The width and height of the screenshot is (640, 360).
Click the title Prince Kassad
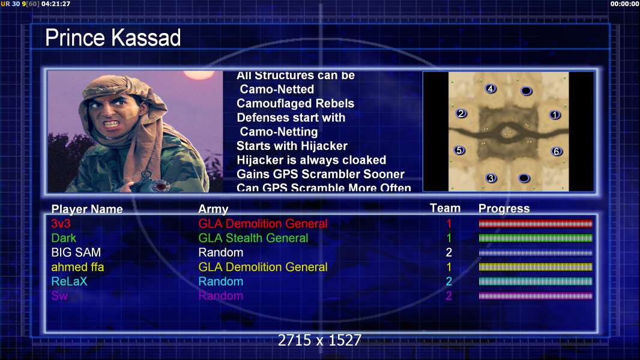point(113,38)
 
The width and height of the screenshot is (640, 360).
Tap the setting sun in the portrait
point(199,74)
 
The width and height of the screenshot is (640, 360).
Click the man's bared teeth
point(112,123)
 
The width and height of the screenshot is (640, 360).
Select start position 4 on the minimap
point(491,88)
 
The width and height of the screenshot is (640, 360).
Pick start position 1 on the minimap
point(555,115)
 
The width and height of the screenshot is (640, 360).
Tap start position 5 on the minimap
point(460,151)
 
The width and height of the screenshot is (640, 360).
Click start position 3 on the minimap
point(491,178)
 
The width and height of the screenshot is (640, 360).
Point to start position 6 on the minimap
point(557,152)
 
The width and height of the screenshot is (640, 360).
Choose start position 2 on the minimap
point(461,113)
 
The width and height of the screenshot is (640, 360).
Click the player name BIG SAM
point(76,253)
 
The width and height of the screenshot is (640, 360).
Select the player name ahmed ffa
point(77,267)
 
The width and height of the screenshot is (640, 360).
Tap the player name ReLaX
point(69,281)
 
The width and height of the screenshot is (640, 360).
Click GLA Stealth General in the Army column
point(253,238)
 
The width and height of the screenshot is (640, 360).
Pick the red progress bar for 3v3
point(536,223)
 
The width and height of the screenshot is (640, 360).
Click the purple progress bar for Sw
point(536,296)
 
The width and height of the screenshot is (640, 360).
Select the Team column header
point(445,208)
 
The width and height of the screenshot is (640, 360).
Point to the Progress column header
point(504,209)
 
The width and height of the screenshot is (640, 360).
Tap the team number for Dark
point(449,238)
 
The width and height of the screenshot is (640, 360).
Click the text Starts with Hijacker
point(292,146)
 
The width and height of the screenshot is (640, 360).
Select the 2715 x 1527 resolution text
point(319,340)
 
